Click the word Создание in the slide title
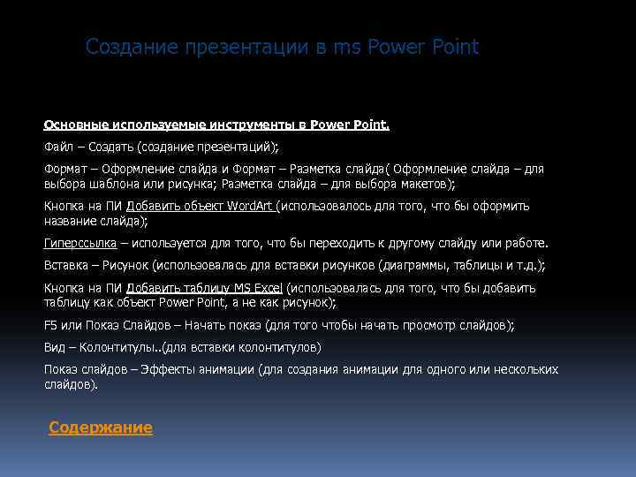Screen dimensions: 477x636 pyautogui.click(x=130, y=48)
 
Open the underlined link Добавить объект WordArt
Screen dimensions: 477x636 pyautogui.click(x=201, y=206)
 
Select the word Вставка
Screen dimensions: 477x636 pyautogui.click(x=64, y=265)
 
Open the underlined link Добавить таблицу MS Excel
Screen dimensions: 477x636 pyautogui.click(x=204, y=288)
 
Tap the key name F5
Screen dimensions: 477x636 pyautogui.click(x=51, y=325)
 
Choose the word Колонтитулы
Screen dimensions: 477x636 pyautogui.click(x=108, y=347)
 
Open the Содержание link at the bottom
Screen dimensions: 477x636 pyautogui.click(x=101, y=428)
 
